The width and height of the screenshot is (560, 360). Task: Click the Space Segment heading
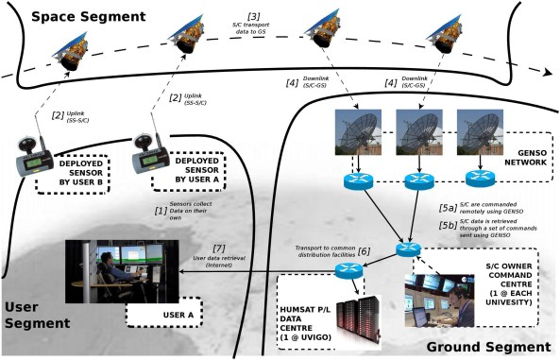74,17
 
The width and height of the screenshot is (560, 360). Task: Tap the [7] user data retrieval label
219,249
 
